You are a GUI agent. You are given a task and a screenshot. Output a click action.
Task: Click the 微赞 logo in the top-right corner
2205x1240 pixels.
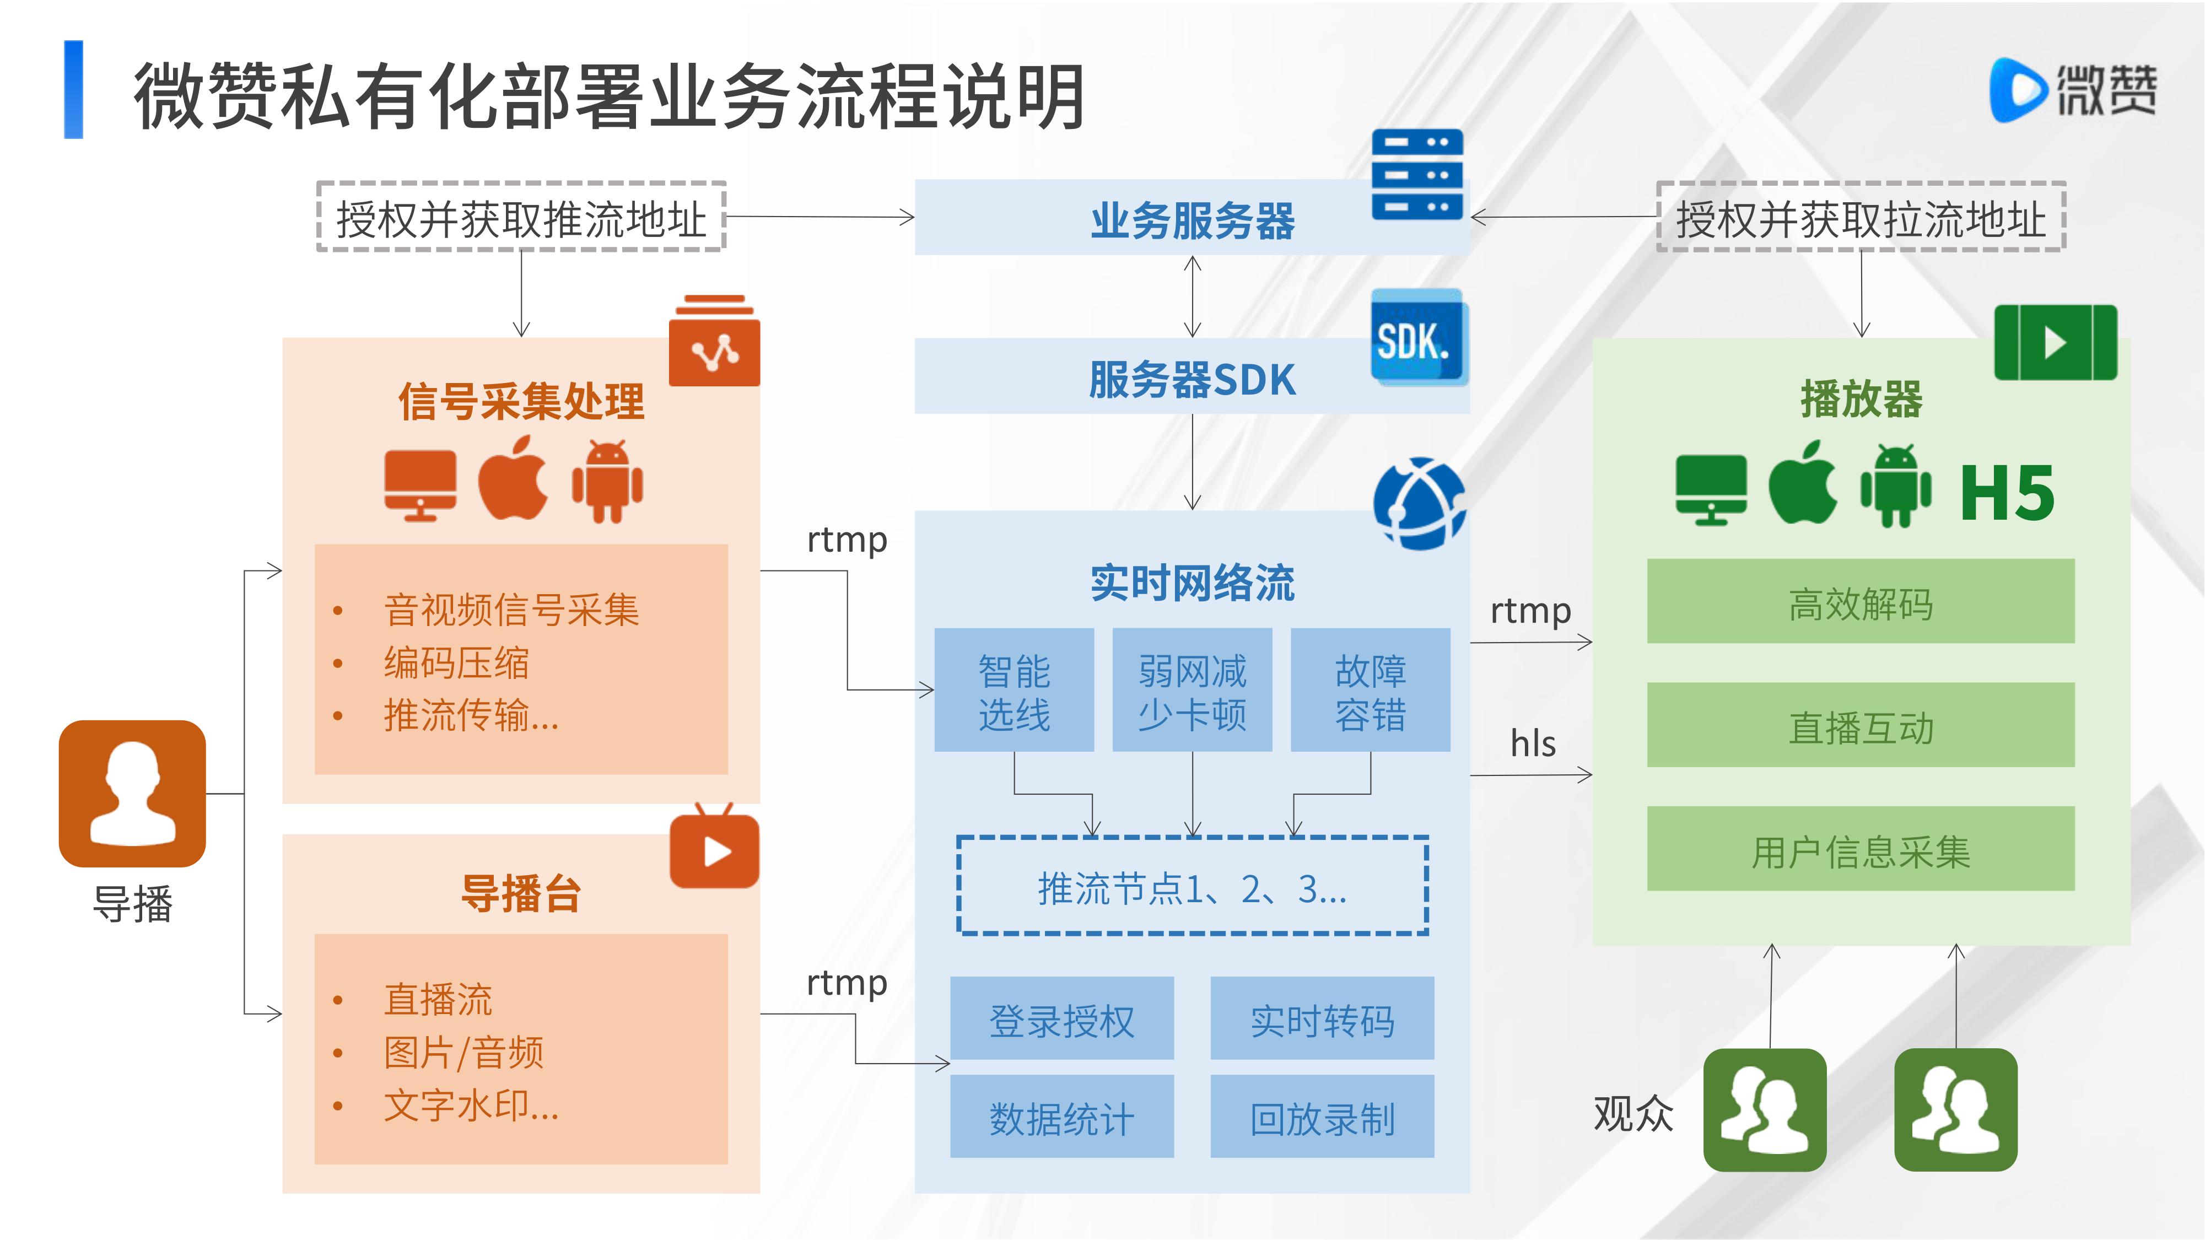coord(2072,90)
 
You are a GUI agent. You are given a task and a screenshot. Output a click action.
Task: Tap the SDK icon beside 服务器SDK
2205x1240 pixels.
coord(1417,339)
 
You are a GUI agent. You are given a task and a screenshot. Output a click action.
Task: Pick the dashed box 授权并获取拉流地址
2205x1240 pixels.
coord(1861,217)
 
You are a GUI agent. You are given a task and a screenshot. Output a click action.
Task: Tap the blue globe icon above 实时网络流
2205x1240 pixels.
coord(1419,503)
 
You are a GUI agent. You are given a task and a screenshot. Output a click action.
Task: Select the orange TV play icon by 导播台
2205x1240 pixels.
coord(714,849)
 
